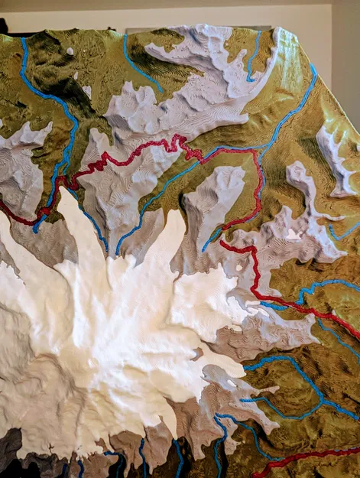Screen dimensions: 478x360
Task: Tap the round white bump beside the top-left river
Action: point(70,51)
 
